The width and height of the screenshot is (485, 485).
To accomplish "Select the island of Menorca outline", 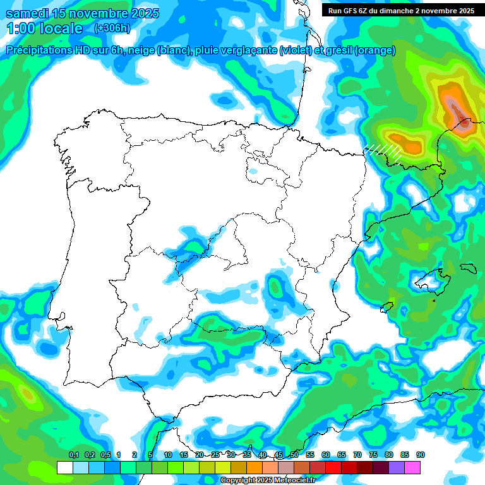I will tap(468, 268).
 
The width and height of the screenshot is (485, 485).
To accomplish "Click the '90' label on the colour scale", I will tap(421, 455).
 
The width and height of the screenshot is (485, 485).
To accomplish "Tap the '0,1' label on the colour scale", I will tap(73, 455).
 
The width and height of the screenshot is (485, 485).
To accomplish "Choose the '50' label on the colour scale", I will tap(294, 455).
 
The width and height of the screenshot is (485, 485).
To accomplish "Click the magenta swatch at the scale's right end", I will tap(412, 467).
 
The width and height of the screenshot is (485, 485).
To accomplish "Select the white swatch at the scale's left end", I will tap(65, 467).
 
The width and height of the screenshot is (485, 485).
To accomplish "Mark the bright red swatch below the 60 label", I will tap(333, 467).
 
